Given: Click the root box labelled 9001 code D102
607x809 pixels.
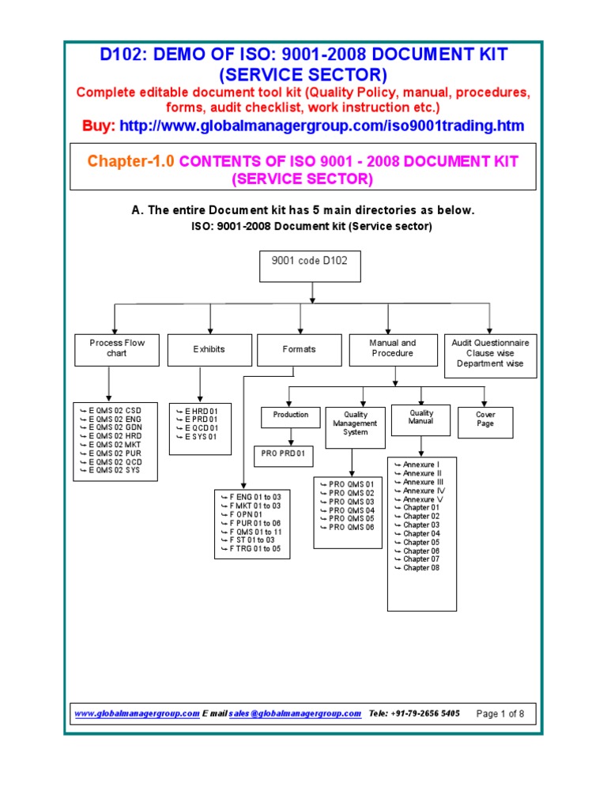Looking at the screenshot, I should point(310,265).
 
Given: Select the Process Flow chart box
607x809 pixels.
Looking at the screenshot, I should point(117,348).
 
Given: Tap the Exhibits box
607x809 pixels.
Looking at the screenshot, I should point(209,348).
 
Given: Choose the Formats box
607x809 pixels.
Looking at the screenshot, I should point(299,348).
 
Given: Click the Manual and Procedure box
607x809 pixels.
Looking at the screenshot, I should point(392,348).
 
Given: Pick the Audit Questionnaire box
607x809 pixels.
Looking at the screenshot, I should point(490,353).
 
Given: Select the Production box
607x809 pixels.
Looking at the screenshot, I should point(290,414).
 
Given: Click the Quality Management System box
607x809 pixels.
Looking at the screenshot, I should point(355,423).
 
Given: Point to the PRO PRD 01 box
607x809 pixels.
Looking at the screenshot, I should point(284,454).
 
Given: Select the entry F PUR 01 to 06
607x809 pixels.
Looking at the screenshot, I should point(253,523).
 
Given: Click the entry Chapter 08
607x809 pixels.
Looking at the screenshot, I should point(420,568).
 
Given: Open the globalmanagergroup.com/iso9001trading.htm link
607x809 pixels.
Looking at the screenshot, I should point(321,126).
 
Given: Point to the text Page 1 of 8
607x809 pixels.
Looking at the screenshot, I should point(500,713).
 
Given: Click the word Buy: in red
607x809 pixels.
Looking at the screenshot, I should point(99,126).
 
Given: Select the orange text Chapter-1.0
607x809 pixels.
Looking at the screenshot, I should point(132,162).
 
